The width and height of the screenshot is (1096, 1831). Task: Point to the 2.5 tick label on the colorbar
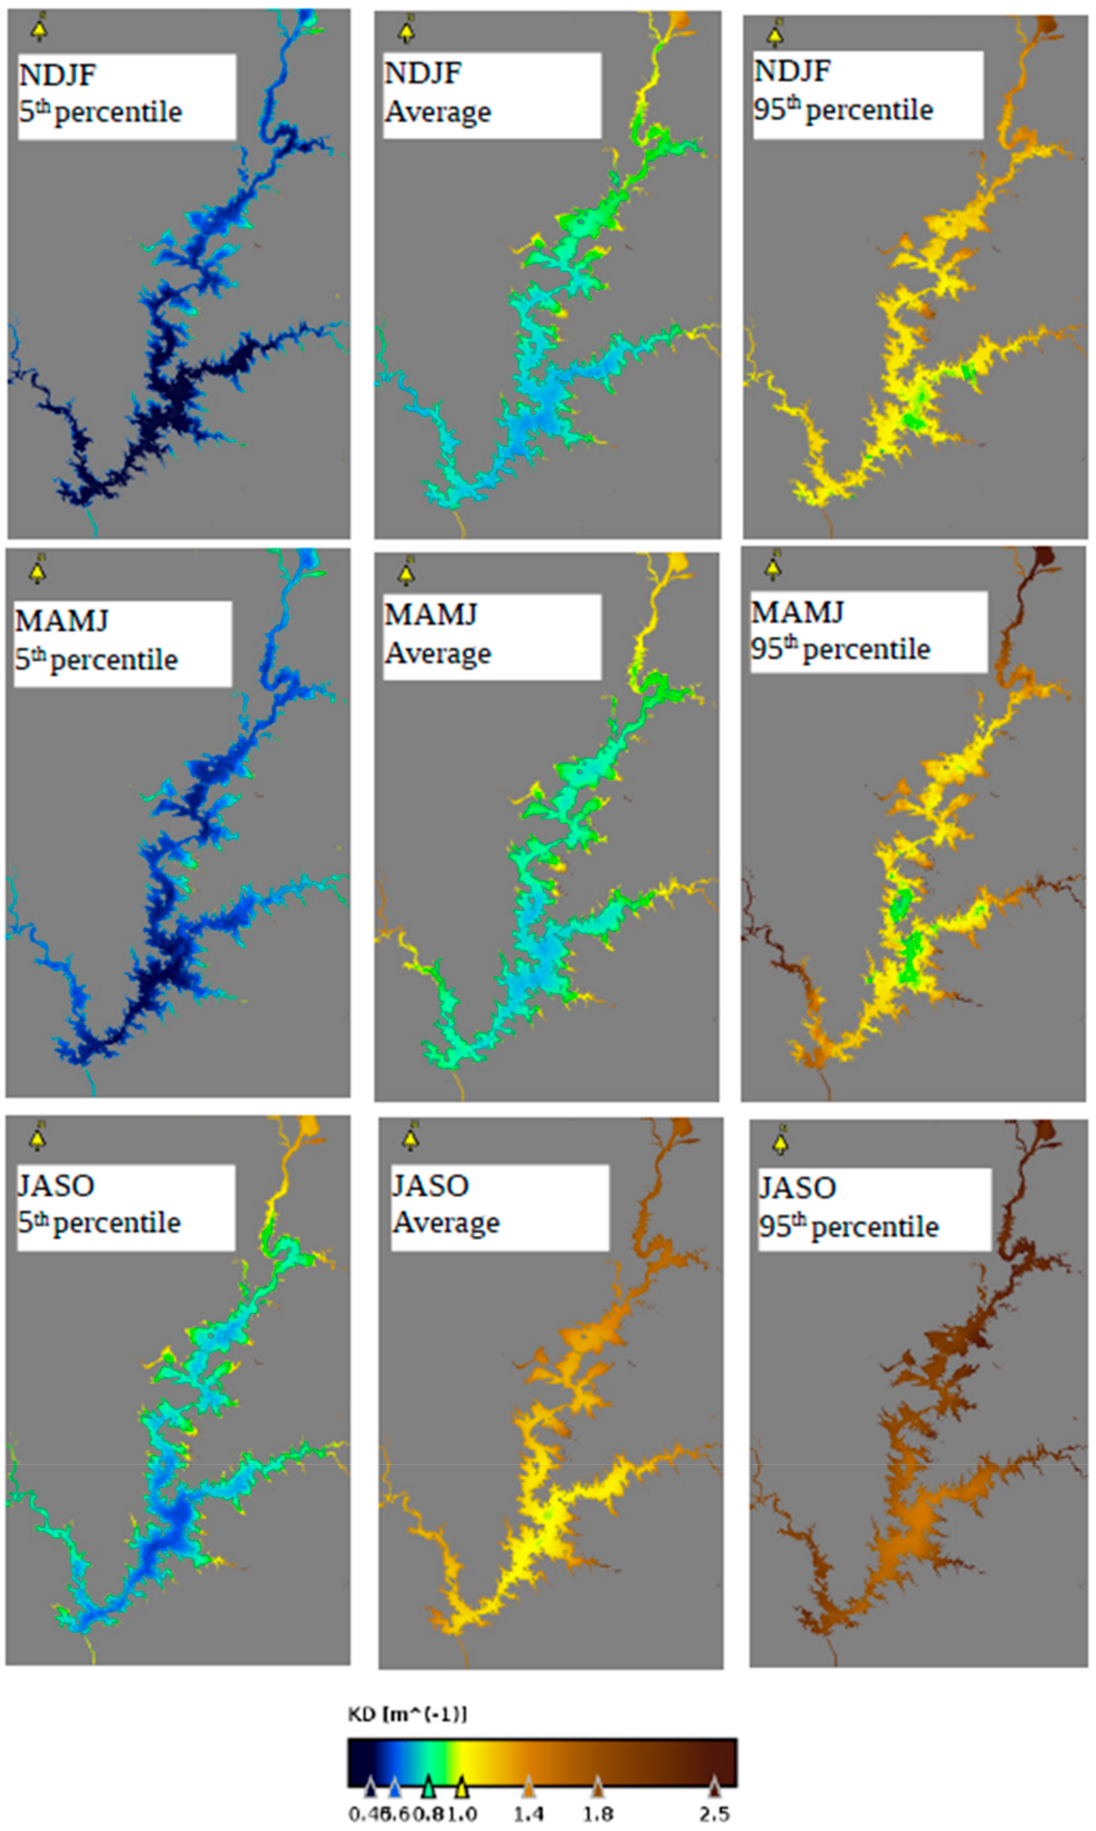714,1809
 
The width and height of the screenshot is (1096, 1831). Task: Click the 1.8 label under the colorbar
597,1809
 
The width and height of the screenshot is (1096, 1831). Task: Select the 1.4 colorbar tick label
529,1809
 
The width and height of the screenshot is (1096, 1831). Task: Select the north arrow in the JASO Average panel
411,1140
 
